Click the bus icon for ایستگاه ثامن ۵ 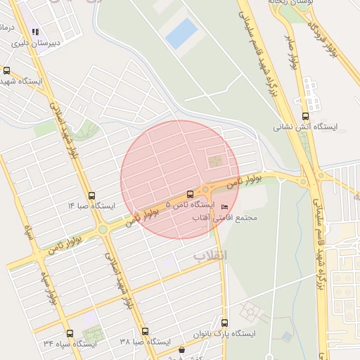click(x=191, y=195)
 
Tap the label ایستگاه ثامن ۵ click(x=190, y=205)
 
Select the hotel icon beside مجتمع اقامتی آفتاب click(x=224, y=207)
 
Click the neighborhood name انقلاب click(x=211, y=256)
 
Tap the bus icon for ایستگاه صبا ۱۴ click(x=91, y=196)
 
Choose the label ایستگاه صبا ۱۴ click(x=91, y=206)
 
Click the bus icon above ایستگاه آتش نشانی click(x=305, y=117)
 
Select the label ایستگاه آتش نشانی click(x=306, y=127)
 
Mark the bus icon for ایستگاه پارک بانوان click(x=224, y=323)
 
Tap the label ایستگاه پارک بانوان click(x=224, y=333)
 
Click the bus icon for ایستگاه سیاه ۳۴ click(x=69, y=334)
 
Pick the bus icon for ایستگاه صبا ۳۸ click(x=145, y=331)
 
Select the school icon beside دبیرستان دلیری click(x=35, y=32)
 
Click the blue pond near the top click(x=182, y=33)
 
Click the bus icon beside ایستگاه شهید click(x=7, y=70)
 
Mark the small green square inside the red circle click(x=214, y=162)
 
